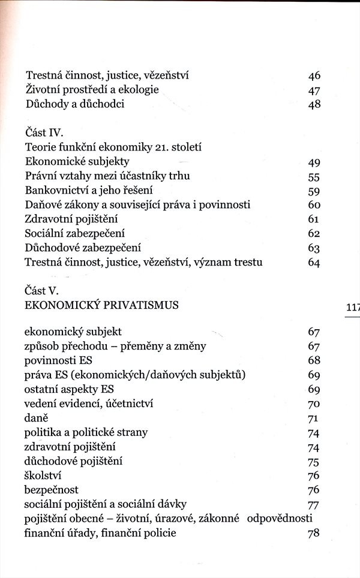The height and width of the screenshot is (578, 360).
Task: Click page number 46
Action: (x=314, y=76)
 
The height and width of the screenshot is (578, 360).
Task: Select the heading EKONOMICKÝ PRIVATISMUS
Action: (x=101, y=305)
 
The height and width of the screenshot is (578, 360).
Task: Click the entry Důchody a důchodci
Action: (x=75, y=104)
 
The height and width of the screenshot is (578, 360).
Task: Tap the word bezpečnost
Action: (x=52, y=490)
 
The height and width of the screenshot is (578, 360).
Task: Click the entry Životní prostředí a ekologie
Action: (x=92, y=90)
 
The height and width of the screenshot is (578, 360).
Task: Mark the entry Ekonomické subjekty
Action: (x=77, y=161)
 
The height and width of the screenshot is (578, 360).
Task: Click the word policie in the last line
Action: (x=158, y=533)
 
